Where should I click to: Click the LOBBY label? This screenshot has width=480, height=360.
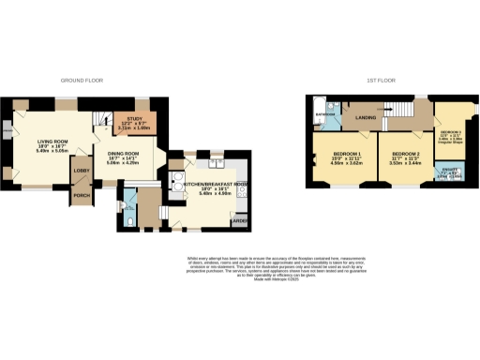point(82,171)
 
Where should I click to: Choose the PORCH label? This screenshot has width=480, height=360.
point(82,195)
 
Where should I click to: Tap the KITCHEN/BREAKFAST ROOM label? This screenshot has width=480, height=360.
point(215,184)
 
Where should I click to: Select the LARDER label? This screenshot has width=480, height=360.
point(240,220)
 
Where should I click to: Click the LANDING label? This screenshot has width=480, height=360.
point(366,118)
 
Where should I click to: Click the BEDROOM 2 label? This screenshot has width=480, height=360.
point(404,153)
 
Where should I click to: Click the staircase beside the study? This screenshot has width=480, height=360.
point(101,119)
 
